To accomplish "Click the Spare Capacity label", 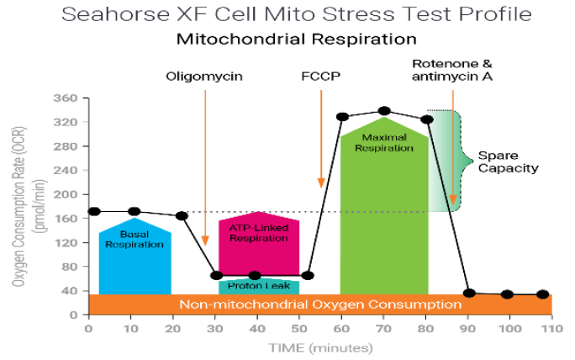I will (508, 161).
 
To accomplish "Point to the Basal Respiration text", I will (135, 239).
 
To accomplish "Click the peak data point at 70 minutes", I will (384, 110).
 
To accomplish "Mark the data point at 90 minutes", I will (469, 293).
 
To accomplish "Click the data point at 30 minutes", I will (217, 275).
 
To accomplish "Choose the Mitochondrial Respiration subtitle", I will (296, 40).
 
